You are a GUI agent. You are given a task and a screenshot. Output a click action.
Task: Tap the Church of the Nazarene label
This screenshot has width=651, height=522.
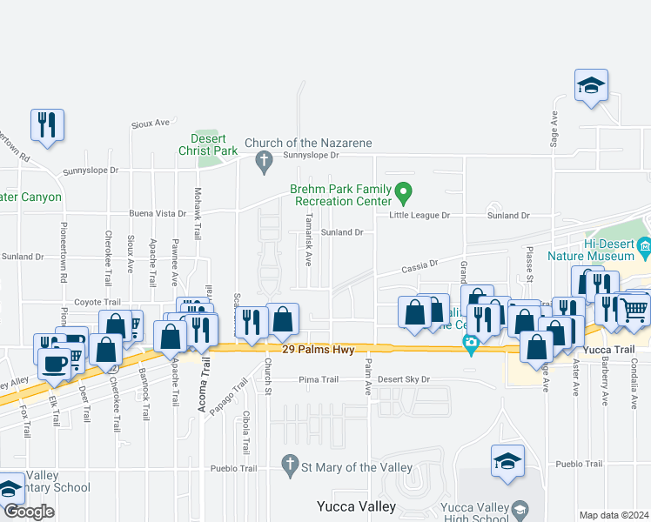pos(308,143)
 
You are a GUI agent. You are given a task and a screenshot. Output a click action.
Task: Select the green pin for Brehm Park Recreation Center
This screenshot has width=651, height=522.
pos(402,191)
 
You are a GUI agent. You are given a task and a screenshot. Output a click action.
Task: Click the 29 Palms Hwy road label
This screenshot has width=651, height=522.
pos(318,349)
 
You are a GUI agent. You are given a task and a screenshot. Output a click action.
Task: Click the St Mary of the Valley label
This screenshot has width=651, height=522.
pos(357,467)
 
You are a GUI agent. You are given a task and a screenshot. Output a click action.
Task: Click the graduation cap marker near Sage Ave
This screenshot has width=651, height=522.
pos(591,86)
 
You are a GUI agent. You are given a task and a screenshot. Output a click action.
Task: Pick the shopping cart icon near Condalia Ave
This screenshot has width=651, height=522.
pos(634,308)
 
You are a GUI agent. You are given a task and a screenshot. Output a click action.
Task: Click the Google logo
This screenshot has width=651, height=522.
pos(29,512)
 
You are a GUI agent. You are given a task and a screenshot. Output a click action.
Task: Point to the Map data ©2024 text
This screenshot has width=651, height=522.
pos(614,515)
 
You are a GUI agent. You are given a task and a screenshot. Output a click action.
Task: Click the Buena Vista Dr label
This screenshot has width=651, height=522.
pos(158,213)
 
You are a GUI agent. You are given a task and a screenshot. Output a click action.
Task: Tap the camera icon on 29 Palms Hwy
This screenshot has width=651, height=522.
pos(471,345)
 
